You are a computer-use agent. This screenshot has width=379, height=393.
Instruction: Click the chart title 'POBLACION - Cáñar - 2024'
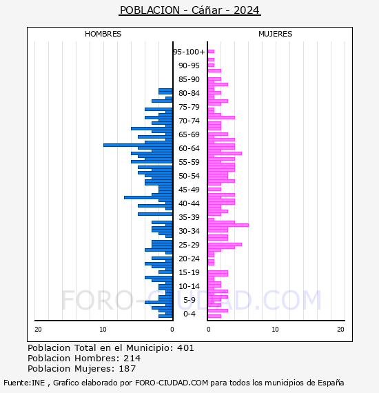pos(189,10)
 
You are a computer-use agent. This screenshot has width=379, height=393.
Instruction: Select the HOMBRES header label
pos(103,34)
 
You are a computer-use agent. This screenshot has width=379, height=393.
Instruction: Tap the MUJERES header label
pos(276,34)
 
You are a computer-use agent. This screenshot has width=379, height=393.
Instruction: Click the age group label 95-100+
pos(189,52)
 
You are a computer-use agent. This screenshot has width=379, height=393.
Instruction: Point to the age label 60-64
pos(189,148)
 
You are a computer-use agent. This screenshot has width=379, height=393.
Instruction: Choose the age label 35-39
pos(189,217)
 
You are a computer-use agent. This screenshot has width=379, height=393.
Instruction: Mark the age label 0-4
pos(189,314)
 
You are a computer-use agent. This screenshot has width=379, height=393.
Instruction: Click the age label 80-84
pos(189,93)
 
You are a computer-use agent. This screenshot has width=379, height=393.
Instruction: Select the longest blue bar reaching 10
pos(138,145)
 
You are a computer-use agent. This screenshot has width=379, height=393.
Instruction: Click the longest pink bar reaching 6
pos(228,225)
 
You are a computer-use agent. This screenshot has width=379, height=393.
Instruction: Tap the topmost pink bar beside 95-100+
pos(211,52)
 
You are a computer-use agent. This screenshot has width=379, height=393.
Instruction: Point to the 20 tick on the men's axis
pos(38,329)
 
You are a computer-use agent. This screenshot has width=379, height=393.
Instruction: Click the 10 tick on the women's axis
pos(275,329)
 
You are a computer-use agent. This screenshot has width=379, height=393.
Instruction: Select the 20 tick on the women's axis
pos(340,329)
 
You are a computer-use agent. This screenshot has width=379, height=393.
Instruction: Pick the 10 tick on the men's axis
pos(103,329)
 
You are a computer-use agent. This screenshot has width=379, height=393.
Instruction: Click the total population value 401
pos(185,348)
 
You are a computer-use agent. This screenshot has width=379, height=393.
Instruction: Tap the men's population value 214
pos(132,358)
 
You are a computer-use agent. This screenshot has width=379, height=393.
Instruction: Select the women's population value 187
pos(127,368)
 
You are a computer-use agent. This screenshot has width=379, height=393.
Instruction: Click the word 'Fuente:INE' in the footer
pos(24,383)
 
